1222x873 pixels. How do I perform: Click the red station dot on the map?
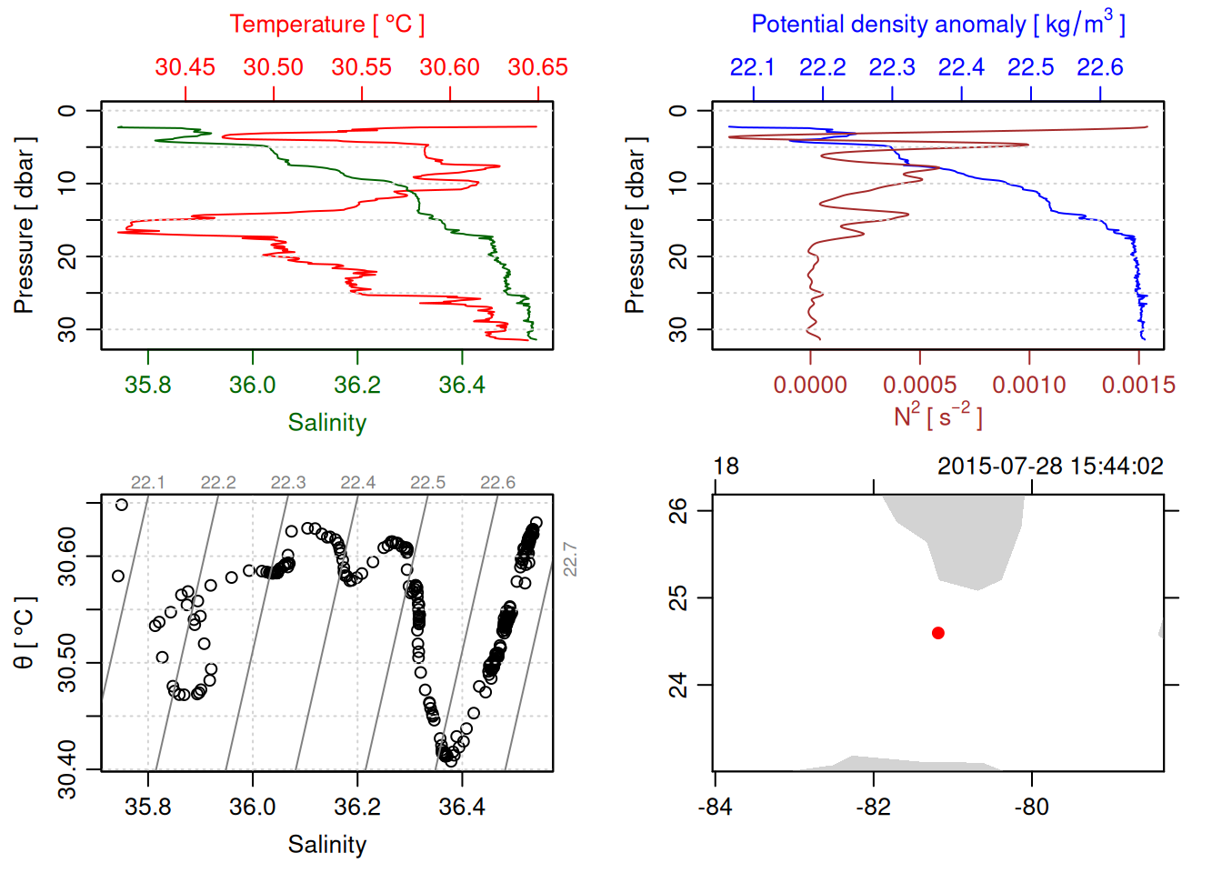(938, 633)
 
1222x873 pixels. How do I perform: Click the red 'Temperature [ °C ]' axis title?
(326, 25)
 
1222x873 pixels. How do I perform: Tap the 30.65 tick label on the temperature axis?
(537, 67)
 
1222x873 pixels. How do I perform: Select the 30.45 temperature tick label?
(185, 67)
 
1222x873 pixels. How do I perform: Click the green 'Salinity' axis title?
(326, 423)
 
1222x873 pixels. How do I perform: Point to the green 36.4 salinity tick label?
(462, 385)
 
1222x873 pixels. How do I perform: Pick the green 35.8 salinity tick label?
(148, 385)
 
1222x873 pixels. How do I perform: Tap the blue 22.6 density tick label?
(1100, 67)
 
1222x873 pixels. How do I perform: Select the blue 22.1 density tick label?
(753, 67)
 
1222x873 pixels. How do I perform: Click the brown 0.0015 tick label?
(1138, 386)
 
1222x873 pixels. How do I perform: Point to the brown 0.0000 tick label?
(810, 386)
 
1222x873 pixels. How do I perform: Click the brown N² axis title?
(938, 416)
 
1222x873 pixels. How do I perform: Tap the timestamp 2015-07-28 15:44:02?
(1050, 467)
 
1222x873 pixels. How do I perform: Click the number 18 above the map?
(726, 467)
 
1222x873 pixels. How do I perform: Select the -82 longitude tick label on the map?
(874, 807)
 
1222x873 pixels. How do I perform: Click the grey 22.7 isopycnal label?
(570, 558)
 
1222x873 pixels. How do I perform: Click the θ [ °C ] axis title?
(24, 633)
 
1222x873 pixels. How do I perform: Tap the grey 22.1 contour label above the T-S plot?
(148, 483)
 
